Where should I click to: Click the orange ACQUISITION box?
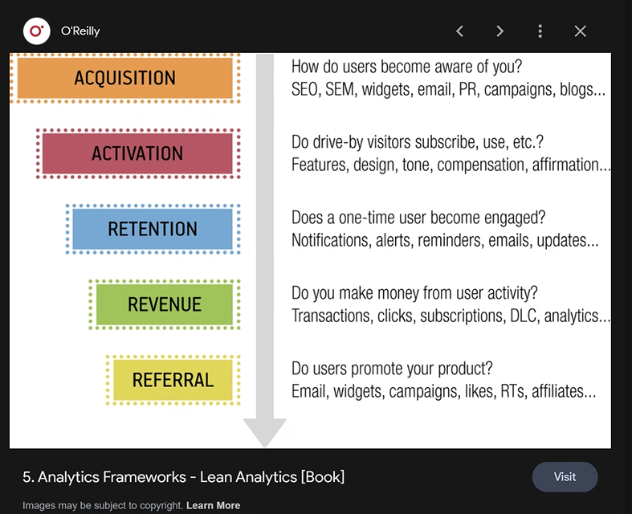tap(125, 78)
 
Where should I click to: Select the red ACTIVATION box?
tap(137, 153)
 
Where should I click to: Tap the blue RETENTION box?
tap(153, 229)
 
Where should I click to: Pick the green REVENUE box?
tap(165, 304)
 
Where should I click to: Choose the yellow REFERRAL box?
tap(173, 380)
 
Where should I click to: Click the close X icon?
tap(580, 31)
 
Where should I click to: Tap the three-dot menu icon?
tap(540, 31)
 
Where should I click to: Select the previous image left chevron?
tap(460, 31)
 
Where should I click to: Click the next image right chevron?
tap(499, 31)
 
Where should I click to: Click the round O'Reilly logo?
tap(37, 31)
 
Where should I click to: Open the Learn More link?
tap(214, 505)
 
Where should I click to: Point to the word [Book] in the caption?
tap(323, 477)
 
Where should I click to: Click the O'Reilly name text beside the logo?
tap(80, 31)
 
